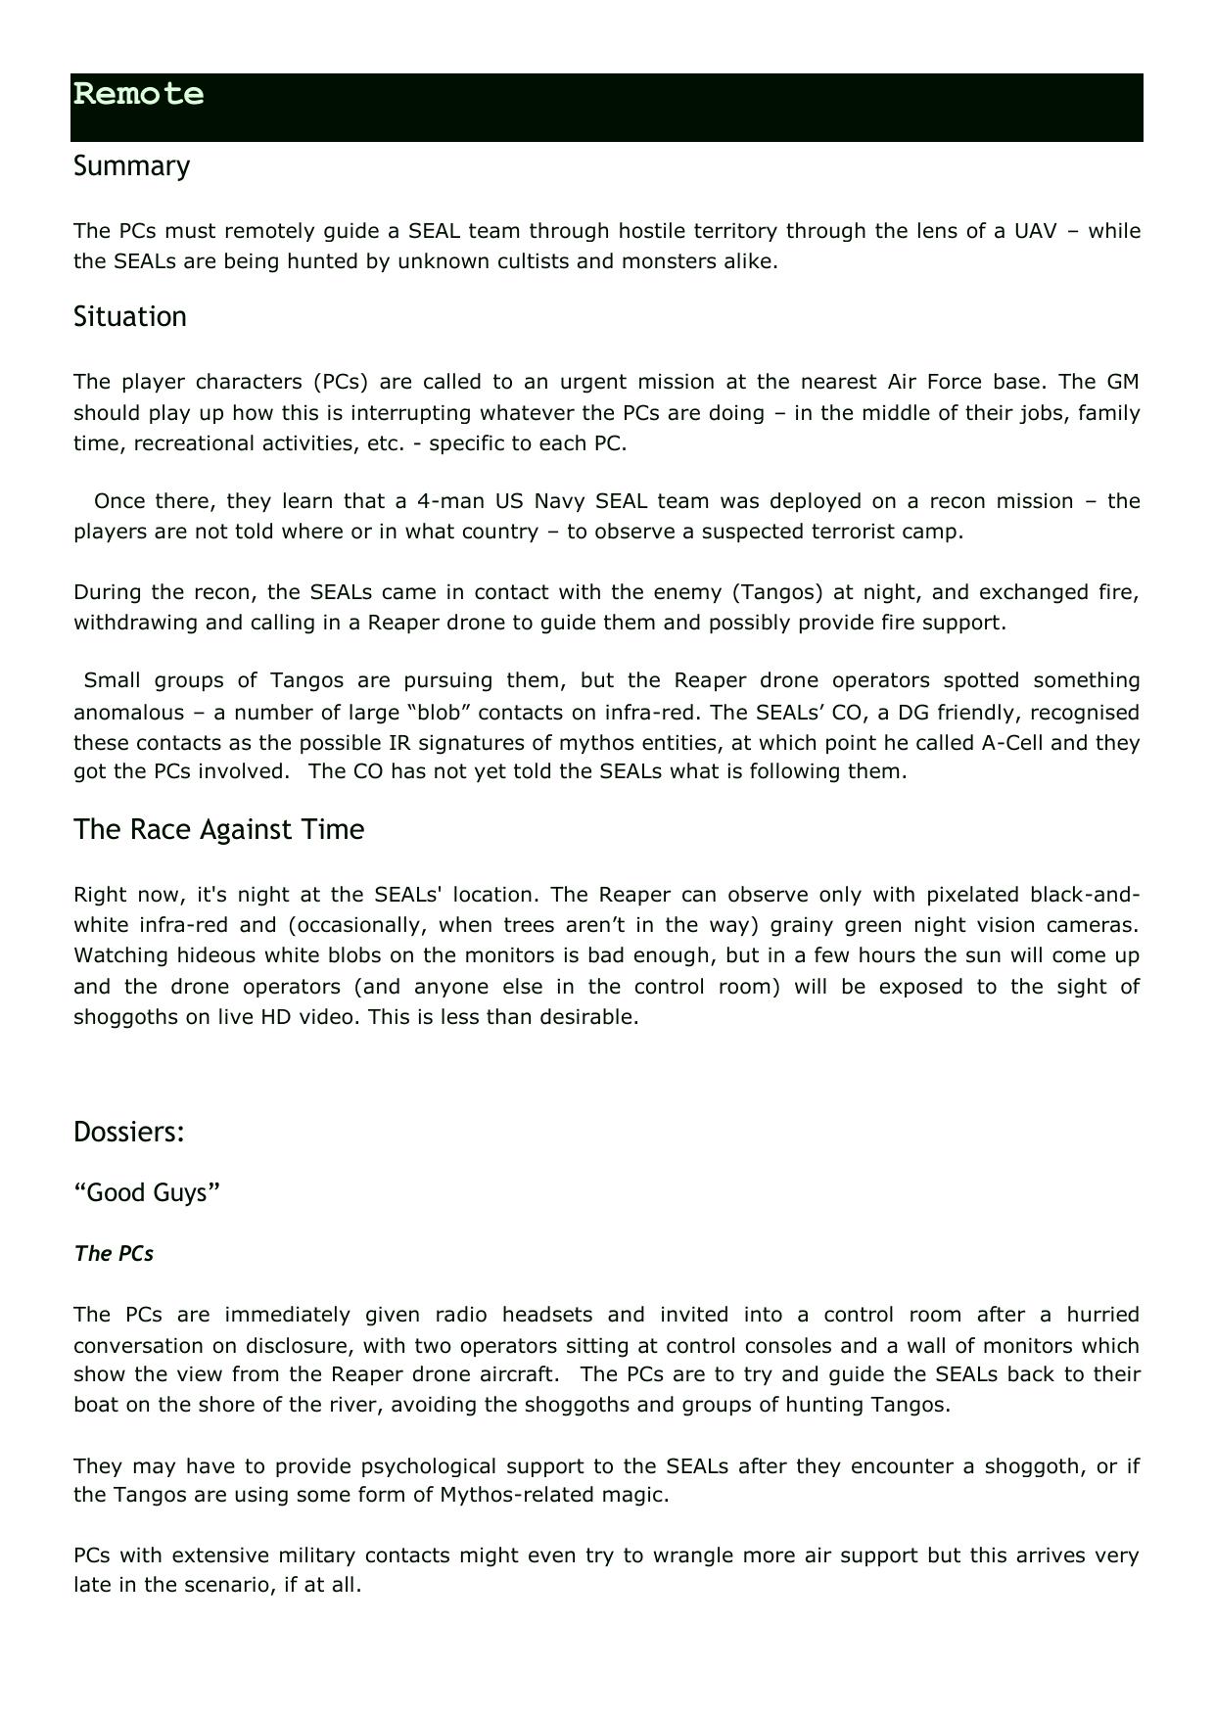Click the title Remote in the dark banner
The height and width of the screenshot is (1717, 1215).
(138, 95)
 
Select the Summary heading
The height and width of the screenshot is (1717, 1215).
(131, 166)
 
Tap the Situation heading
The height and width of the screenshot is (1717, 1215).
(129, 317)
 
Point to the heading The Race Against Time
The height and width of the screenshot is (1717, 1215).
(218, 830)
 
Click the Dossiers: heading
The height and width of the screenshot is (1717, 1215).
(129, 1133)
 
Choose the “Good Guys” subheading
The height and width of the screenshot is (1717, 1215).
(147, 1193)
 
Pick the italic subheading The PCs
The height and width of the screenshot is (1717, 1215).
(114, 1254)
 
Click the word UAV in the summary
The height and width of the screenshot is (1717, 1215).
(1036, 232)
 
